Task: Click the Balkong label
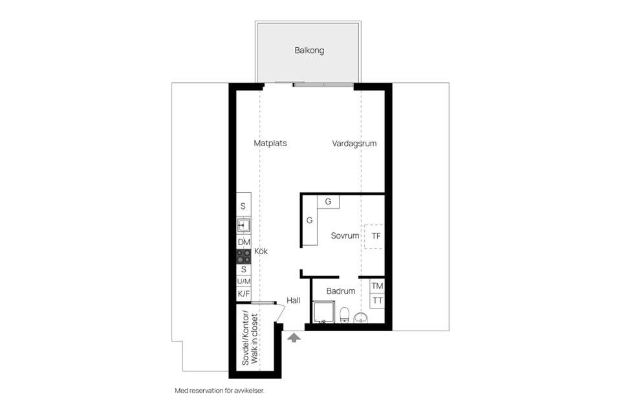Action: pos(309,50)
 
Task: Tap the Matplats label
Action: pos(270,144)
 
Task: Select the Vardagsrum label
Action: pos(354,144)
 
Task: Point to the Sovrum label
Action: pos(345,235)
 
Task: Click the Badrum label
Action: pos(341,291)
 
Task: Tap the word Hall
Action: pos(294,300)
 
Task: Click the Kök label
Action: pos(261,251)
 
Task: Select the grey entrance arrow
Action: pos(294,338)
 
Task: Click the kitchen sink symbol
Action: pos(244,225)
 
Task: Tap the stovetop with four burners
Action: pos(244,256)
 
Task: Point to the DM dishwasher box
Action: pos(244,242)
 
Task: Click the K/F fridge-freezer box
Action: pos(244,294)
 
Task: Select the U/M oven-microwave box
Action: pos(244,281)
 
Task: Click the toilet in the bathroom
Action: pos(345,314)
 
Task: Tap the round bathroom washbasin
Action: pos(361,318)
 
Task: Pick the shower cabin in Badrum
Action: pos(323,312)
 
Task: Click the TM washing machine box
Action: pos(377,286)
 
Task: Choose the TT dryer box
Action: pos(377,300)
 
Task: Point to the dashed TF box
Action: pos(374,237)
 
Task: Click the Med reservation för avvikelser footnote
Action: pos(220,391)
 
